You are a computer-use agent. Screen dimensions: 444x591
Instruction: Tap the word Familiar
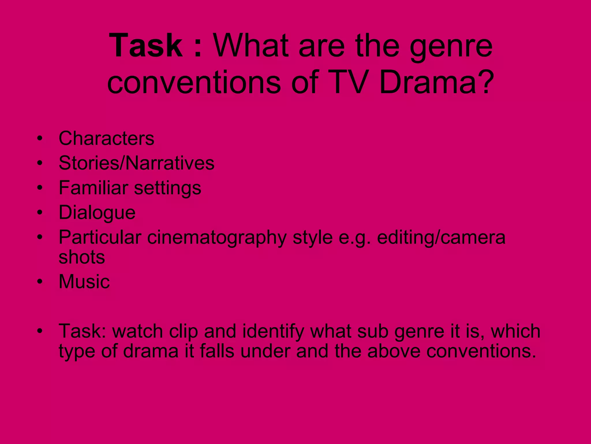pyautogui.click(x=93, y=188)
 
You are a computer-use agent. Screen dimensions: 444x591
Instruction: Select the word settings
pyautogui.click(x=168, y=188)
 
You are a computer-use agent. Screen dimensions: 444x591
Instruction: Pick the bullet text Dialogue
pyautogui.click(x=97, y=213)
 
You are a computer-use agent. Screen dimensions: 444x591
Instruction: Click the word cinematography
pyautogui.click(x=217, y=238)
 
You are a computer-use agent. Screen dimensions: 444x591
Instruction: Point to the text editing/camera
pyautogui.click(x=441, y=238)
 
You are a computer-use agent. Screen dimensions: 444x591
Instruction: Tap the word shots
pyautogui.click(x=82, y=257)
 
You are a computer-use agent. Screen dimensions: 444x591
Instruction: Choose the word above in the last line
pyautogui.click(x=394, y=351)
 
